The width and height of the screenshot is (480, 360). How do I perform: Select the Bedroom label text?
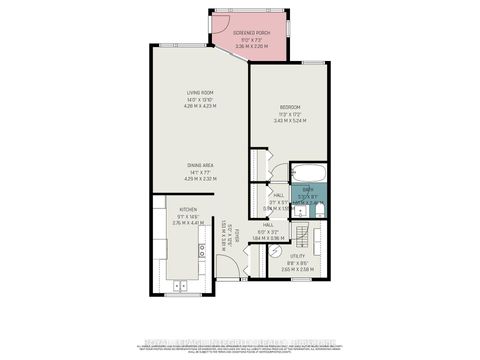point(290,107)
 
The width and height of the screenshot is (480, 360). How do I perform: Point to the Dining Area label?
point(201,165)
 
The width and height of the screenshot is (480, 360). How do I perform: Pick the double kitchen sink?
point(180,286)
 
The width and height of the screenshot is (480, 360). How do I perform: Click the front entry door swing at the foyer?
point(228,265)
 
